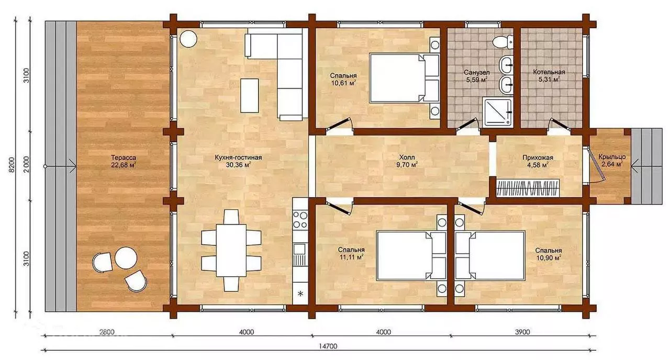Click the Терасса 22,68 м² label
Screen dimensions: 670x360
124,161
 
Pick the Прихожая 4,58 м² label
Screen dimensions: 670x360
538,161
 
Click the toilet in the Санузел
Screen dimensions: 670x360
503,42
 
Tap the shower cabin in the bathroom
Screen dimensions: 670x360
497,112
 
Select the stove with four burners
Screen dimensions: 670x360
300,219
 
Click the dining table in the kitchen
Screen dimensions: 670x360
231,250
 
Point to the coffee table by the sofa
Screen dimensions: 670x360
250,95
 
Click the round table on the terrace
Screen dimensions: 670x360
126,258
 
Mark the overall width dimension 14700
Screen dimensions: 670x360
327,346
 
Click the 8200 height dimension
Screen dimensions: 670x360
12,165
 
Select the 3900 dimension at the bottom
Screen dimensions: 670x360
522,332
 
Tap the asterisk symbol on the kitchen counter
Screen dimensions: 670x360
300,294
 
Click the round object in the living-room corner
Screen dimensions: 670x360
188,39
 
